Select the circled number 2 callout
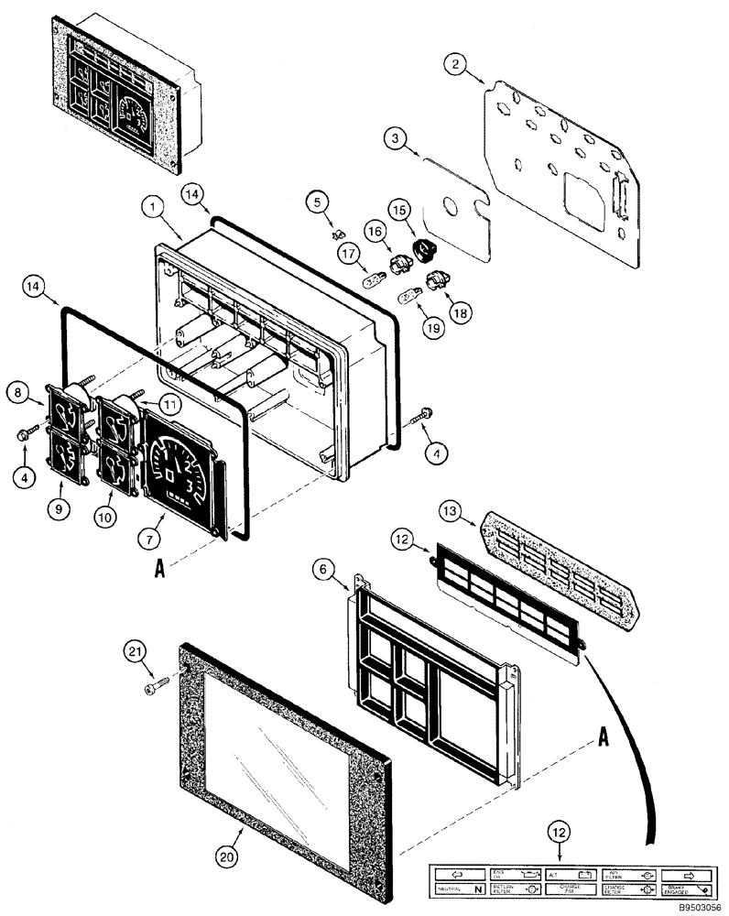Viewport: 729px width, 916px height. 456,64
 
